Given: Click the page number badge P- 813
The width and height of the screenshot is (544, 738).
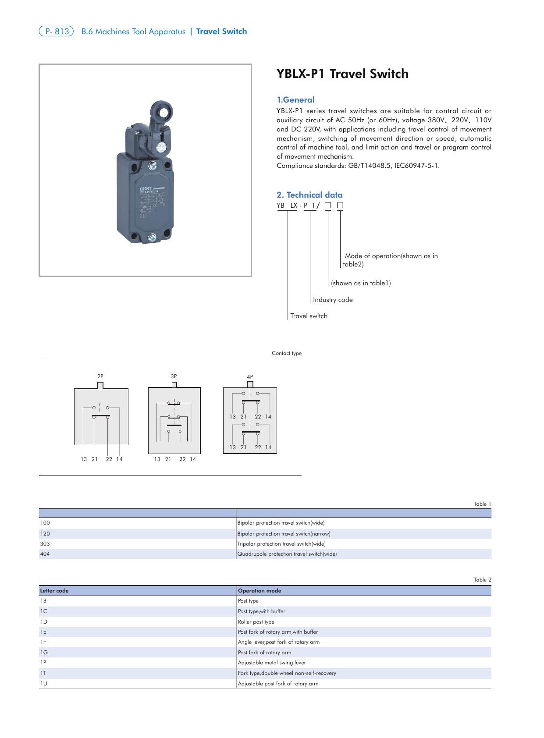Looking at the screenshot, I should pyautogui.click(x=56, y=32).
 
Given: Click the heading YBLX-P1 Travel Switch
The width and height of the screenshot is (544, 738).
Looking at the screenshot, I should pyautogui.click(x=342, y=74).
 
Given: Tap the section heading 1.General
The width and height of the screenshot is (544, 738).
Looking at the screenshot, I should pyautogui.click(x=295, y=100).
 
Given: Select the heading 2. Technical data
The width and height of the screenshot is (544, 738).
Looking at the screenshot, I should pyautogui.click(x=309, y=195).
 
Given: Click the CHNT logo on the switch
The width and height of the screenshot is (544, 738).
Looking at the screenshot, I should pyautogui.click(x=146, y=188).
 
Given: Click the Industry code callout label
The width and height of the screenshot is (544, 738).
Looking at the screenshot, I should pyautogui.click(x=332, y=300).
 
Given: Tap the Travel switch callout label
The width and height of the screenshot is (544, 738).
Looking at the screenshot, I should pyautogui.click(x=309, y=316).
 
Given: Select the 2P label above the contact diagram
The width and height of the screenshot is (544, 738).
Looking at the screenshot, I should pyautogui.click(x=100, y=376).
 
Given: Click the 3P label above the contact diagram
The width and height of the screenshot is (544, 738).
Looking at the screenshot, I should pyautogui.click(x=174, y=376).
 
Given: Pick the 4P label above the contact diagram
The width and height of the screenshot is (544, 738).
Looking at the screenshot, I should pyautogui.click(x=250, y=377).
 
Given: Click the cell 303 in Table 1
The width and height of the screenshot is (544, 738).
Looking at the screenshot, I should pyautogui.click(x=45, y=544).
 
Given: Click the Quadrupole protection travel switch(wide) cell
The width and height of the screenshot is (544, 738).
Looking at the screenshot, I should pyautogui.click(x=287, y=554).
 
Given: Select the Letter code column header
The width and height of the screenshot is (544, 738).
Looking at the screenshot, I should pyautogui.click(x=54, y=591).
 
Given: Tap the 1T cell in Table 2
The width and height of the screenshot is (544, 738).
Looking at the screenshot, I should pyautogui.click(x=43, y=673).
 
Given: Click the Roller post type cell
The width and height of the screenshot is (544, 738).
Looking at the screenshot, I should pyautogui.click(x=256, y=622).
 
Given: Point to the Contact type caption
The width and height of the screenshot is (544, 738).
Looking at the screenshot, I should pyautogui.click(x=286, y=353).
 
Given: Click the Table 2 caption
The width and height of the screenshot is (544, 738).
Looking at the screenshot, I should pyautogui.click(x=482, y=580).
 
